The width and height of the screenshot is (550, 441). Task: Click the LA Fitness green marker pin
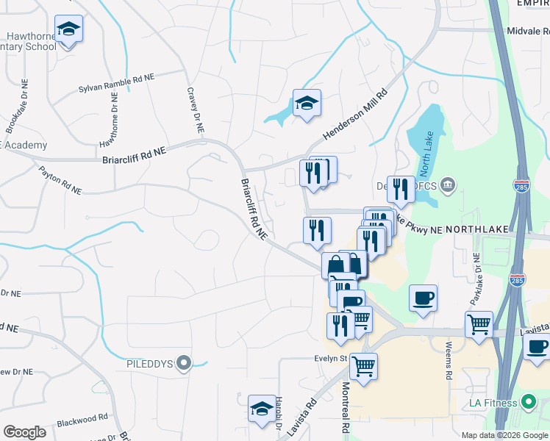pos(527,402)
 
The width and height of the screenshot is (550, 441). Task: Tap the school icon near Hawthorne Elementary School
pos(68,29)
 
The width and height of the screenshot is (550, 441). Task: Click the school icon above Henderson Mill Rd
pos(307,103)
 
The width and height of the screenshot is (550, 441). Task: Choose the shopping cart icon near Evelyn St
pos(363,366)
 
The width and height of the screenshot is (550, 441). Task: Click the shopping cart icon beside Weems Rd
pos(479,324)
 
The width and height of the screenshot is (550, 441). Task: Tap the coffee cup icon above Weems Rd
pos(424,298)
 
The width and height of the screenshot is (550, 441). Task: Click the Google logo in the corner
pos(24,432)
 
